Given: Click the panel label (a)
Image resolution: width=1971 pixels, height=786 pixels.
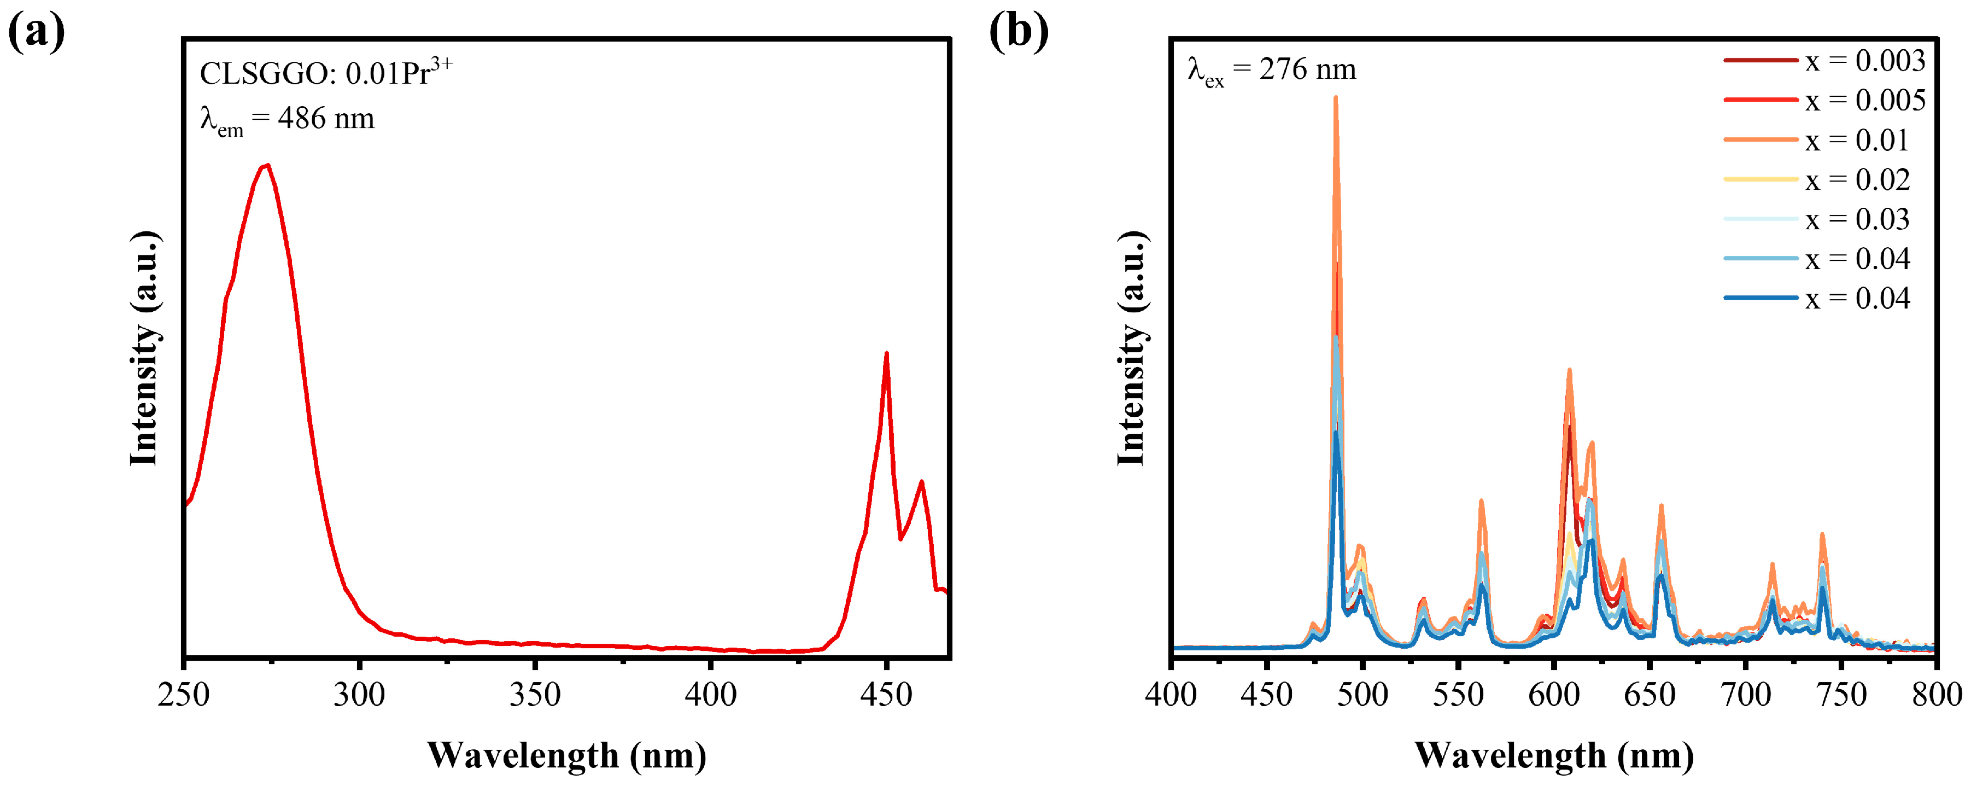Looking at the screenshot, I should [x=36, y=32].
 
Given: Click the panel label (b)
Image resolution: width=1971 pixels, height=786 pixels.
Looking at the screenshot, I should [x=1019, y=32].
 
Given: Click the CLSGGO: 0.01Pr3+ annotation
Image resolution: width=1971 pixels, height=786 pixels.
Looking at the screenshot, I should [x=326, y=72].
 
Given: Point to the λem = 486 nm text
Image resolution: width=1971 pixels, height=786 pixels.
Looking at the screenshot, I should [x=287, y=119].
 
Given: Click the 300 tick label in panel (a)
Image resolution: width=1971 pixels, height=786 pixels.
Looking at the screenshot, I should [x=359, y=695].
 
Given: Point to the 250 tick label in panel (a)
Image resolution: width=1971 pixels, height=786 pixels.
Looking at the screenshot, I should [x=184, y=695].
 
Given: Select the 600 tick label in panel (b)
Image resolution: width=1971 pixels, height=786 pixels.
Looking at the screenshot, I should [x=1554, y=695].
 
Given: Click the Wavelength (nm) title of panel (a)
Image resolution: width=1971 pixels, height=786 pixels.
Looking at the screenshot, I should [x=566, y=756].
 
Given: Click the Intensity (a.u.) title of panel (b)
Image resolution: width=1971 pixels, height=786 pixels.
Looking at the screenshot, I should [x=1131, y=348].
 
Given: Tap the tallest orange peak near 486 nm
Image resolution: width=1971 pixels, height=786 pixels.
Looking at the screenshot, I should [x=1336, y=100].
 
